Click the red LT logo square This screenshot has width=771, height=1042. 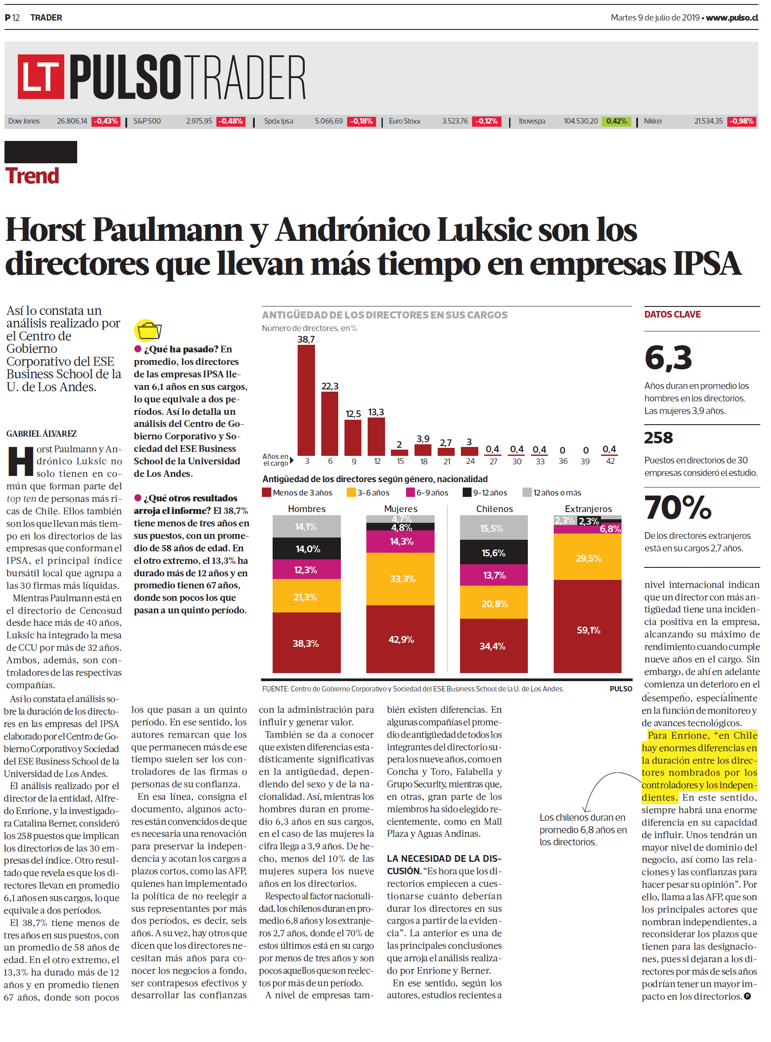click(x=41, y=77)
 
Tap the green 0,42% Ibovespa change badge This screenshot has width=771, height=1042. click(x=616, y=121)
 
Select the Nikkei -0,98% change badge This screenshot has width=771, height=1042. click(x=742, y=121)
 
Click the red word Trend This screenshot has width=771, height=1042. click(x=32, y=176)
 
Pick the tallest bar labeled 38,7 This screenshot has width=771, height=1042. click(x=306, y=400)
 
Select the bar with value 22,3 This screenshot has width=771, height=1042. click(x=329, y=423)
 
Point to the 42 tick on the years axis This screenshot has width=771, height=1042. click(x=610, y=461)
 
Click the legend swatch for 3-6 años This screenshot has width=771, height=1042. click(x=351, y=492)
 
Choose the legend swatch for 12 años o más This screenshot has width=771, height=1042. click(x=527, y=492)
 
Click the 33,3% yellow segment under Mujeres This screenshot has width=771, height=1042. click(x=400, y=579)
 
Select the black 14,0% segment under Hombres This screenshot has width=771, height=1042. click(x=307, y=549)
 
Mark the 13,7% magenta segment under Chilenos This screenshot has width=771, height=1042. click(x=494, y=575)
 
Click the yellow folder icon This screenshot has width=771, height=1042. click(x=148, y=331)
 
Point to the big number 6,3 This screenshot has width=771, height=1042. click(x=668, y=358)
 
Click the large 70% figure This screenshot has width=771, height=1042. click(x=678, y=507)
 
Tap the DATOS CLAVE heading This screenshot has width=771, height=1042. click(x=672, y=314)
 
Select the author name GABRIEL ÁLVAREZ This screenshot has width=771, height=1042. click(x=41, y=434)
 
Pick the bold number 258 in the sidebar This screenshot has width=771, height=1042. click(x=659, y=438)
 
